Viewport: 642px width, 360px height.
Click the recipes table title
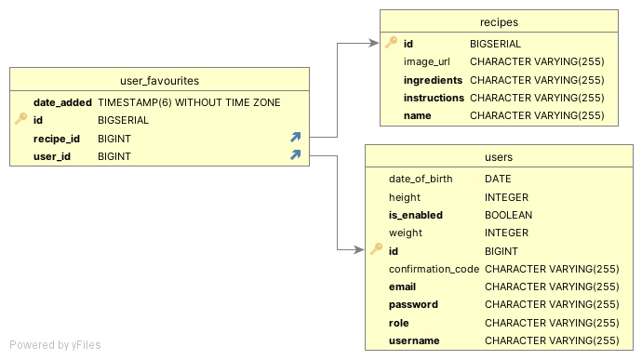pos(499,21)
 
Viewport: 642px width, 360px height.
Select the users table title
pos(499,157)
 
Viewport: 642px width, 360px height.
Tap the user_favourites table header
pos(160,81)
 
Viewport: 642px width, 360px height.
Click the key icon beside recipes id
pos(392,43)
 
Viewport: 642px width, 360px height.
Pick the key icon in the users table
pos(377,249)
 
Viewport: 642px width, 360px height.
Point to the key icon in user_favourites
pos(21,119)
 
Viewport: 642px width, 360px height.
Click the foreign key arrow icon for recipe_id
pos(296,138)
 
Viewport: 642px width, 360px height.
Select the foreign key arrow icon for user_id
pos(296,155)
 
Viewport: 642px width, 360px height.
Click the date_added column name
pos(62,102)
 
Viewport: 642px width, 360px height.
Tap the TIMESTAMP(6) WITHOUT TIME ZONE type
pos(189,102)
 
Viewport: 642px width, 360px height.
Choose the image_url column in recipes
pos(427,62)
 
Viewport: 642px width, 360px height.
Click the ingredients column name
pos(433,80)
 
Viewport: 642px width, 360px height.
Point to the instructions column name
pos(434,98)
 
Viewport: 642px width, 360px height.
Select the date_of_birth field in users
pos(421,179)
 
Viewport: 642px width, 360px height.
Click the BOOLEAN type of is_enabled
pos(508,215)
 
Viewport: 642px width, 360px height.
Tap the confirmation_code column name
pos(434,269)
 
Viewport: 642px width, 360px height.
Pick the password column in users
pos(413,304)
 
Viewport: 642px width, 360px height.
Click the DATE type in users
pos(498,179)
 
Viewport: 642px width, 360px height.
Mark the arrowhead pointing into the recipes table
pos(375,43)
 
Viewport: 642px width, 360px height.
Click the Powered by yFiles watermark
pos(55,345)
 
